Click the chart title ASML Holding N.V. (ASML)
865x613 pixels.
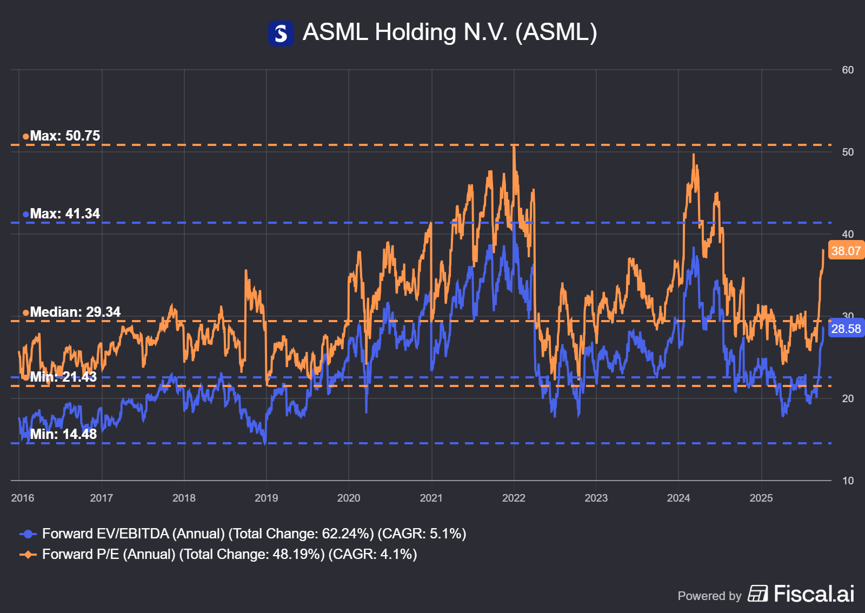click(x=449, y=32)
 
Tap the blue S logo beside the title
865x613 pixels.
click(x=281, y=34)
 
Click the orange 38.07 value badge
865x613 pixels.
click(x=846, y=251)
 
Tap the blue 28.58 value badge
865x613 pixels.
click(x=846, y=329)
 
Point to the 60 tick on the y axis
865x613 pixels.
click(x=848, y=70)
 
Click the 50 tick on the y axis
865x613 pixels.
click(x=848, y=152)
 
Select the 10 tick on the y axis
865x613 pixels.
click(x=848, y=481)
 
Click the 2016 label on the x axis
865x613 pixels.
click(x=23, y=498)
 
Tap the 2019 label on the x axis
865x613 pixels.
click(x=266, y=498)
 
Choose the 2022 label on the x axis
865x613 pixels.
click(x=514, y=498)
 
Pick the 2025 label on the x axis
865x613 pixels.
click(x=761, y=498)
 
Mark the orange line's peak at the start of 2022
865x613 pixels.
click(x=514, y=146)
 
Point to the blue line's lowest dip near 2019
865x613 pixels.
click(x=265, y=443)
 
